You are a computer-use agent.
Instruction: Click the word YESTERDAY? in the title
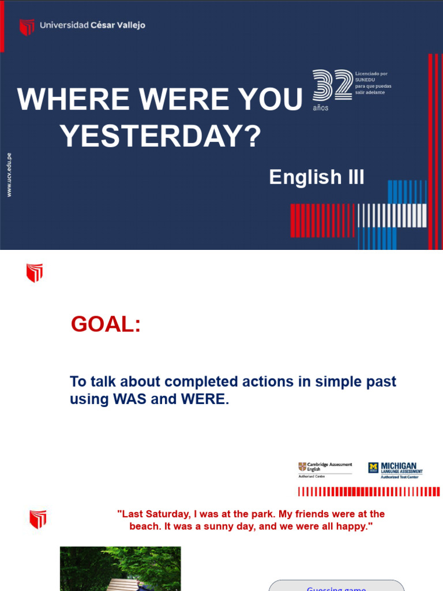point(161,137)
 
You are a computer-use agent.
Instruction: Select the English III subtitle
point(317,177)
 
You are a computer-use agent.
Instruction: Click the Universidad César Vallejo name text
point(92,25)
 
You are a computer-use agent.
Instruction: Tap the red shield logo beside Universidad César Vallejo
point(27,27)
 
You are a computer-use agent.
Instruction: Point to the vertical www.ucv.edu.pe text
point(9,175)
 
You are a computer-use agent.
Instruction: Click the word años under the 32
point(321,108)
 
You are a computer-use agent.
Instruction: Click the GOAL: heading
point(106,324)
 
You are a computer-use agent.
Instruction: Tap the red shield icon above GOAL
point(35,273)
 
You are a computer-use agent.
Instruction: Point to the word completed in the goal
point(201,381)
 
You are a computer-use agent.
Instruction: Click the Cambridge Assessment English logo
point(325,468)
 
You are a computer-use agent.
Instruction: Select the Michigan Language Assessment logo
point(396,468)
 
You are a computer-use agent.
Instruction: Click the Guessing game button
point(336,588)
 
